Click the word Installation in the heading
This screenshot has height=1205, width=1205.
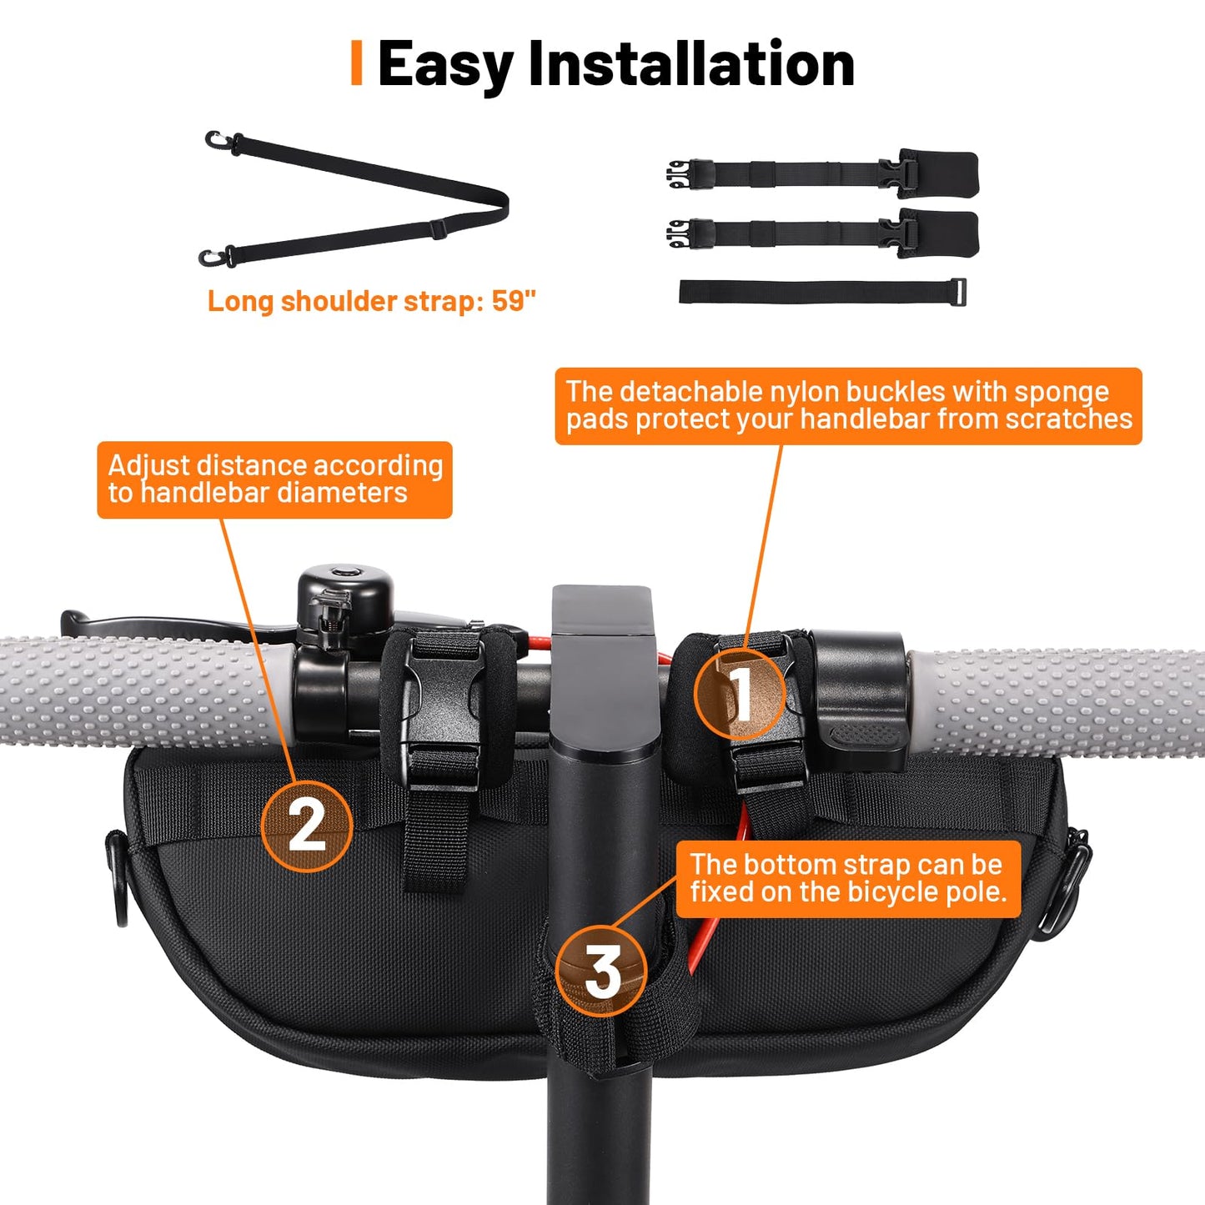click(x=691, y=63)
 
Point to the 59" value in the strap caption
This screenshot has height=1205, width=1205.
click(x=514, y=301)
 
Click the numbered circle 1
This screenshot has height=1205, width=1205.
click(x=739, y=694)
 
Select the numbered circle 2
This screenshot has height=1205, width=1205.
click(x=306, y=826)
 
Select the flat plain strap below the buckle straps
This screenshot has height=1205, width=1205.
click(x=822, y=292)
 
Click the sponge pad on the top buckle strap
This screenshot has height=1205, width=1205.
click(x=939, y=172)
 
